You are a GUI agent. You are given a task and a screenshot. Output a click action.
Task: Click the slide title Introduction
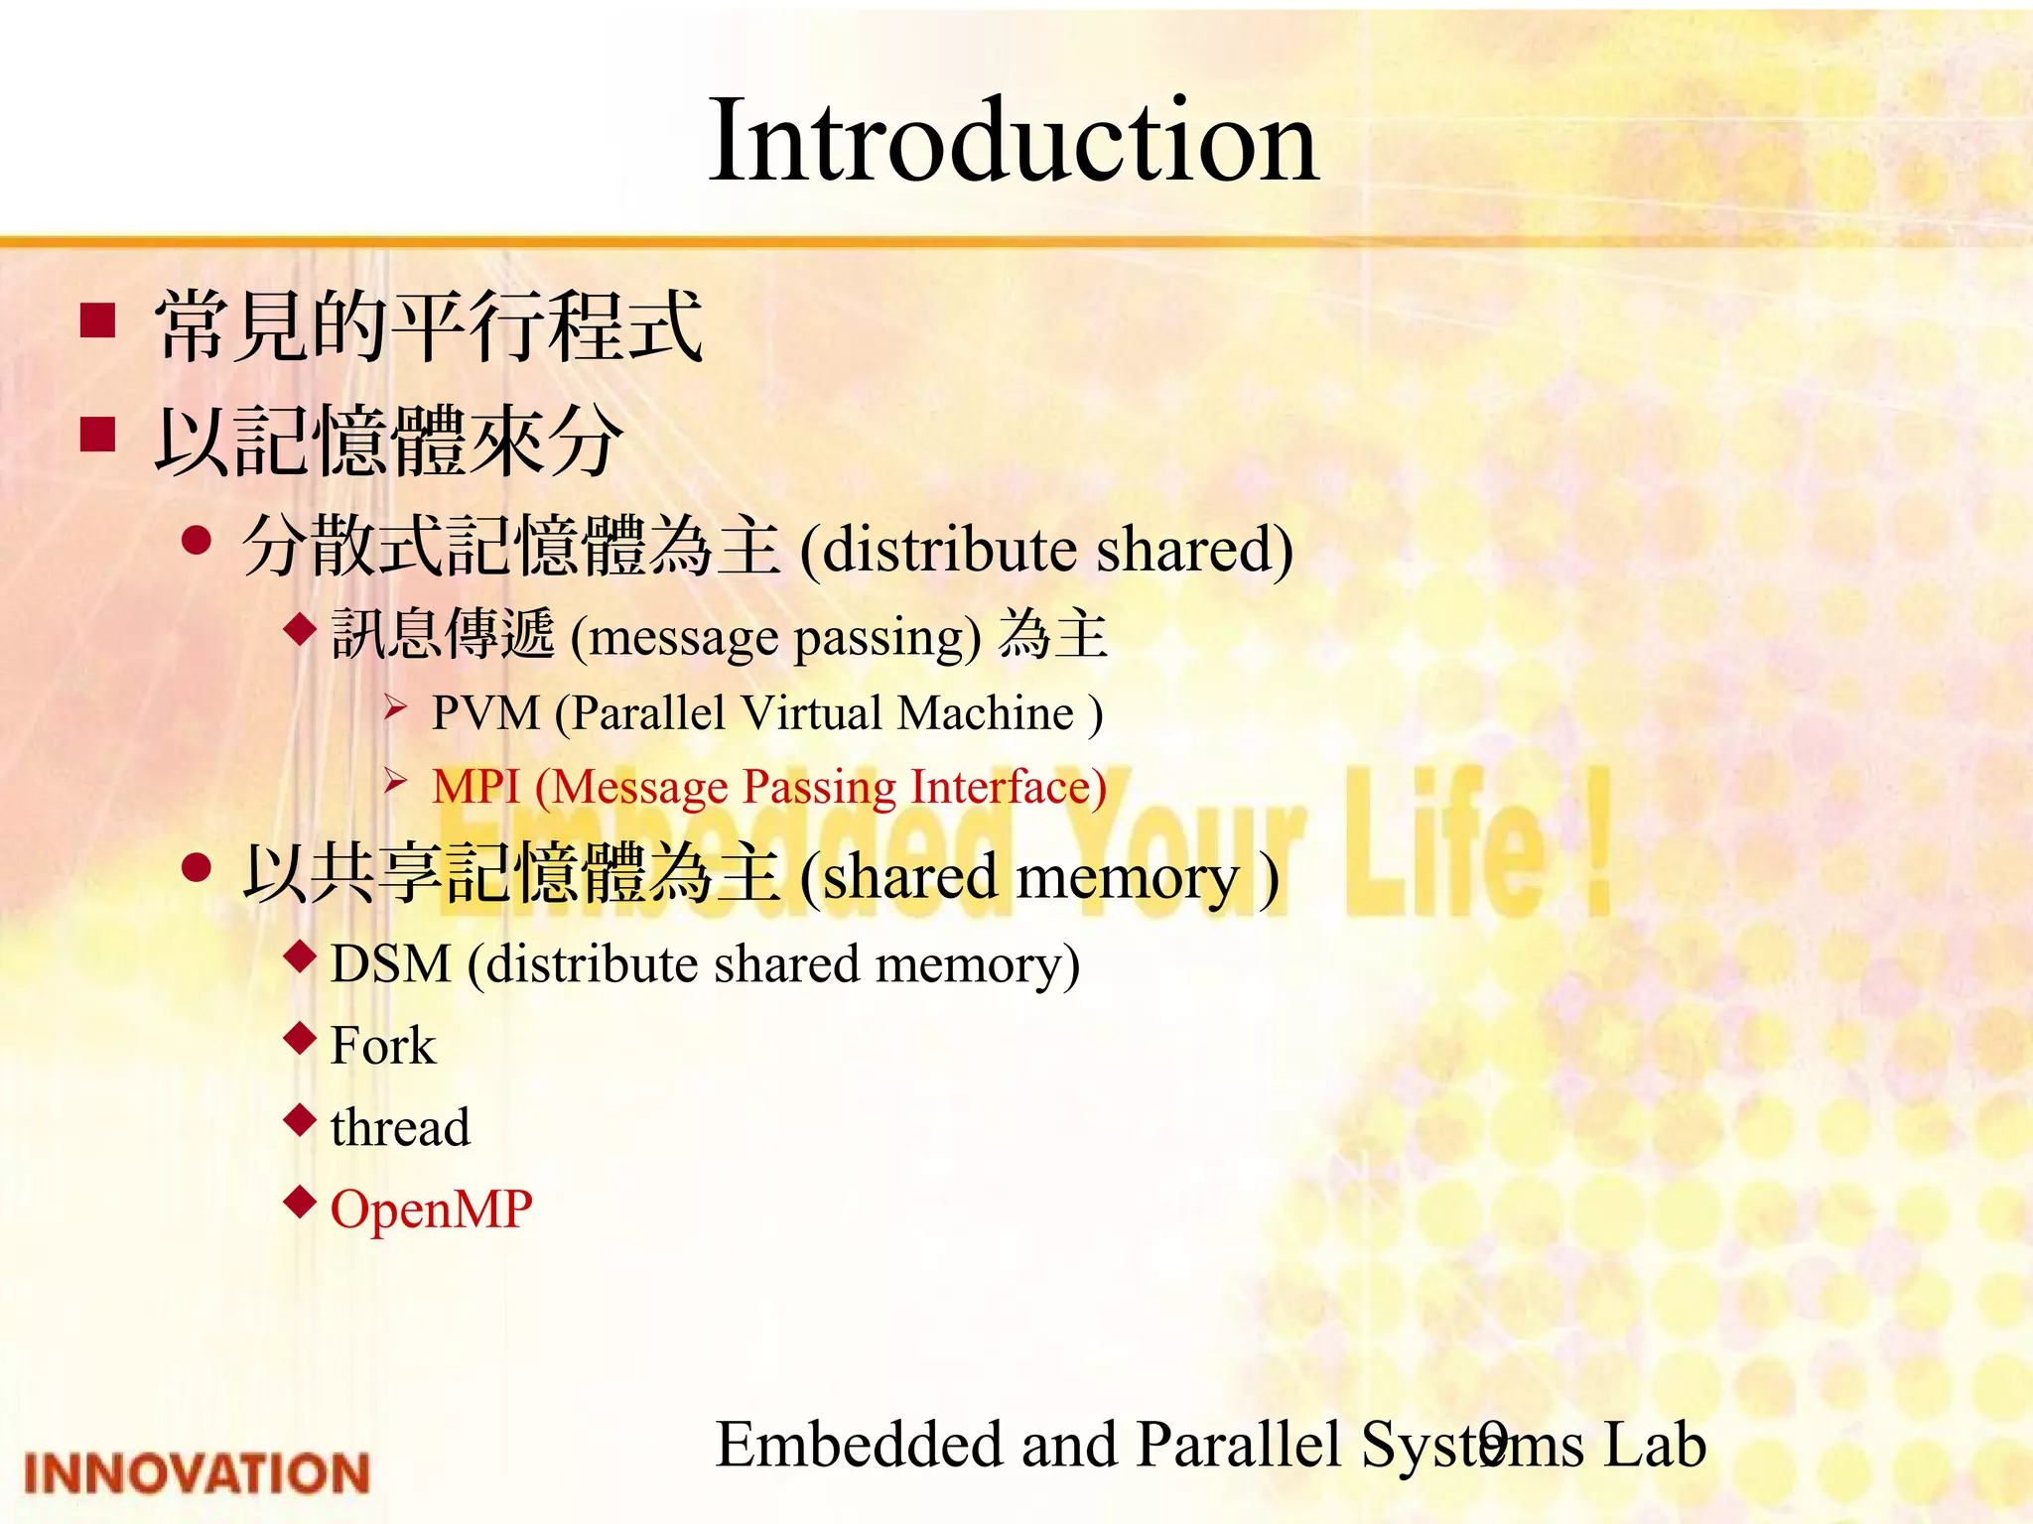1013,141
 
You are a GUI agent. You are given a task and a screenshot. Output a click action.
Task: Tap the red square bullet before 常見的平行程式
98,320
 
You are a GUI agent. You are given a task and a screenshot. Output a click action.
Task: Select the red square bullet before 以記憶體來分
98,434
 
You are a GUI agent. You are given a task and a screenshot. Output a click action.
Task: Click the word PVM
485,712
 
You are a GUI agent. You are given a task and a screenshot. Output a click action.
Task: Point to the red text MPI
476,787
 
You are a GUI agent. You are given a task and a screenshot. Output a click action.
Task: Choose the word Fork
382,1046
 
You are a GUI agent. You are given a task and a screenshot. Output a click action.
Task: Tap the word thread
400,1128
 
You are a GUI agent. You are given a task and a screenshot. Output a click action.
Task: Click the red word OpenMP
431,1209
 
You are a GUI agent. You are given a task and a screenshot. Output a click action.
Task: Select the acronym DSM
390,964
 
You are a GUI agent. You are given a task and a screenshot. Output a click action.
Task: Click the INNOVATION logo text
197,1473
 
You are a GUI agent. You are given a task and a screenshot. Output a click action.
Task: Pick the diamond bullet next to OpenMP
299,1203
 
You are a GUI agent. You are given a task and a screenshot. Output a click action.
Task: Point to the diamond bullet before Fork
299,1039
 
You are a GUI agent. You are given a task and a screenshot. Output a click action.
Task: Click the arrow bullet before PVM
396,707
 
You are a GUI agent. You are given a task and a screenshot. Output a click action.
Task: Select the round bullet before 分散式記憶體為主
198,541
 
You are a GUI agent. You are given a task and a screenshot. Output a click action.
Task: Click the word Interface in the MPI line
1009,787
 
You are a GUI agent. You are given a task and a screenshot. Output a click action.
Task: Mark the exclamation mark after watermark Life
1595,843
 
